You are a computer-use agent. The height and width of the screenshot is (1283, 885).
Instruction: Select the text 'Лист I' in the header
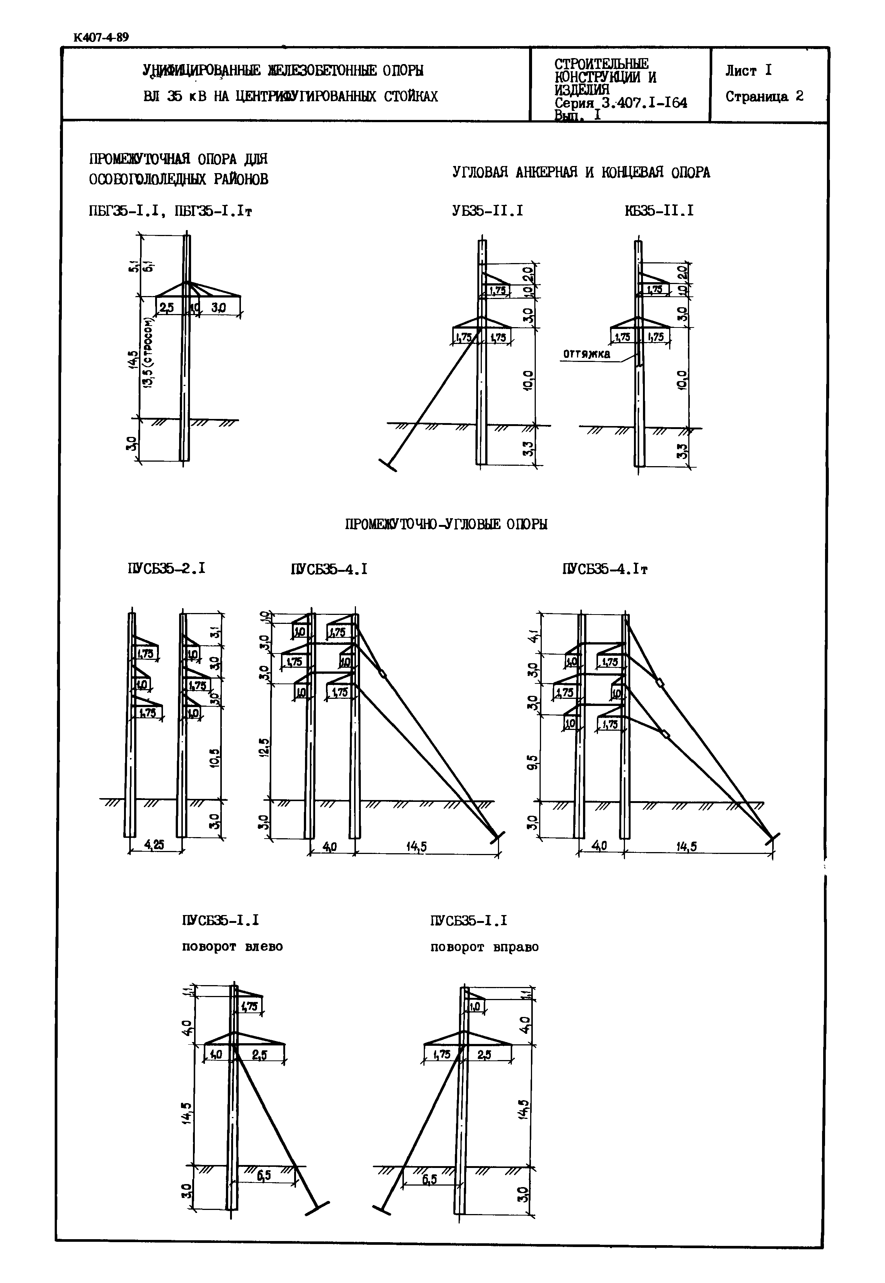[748, 70]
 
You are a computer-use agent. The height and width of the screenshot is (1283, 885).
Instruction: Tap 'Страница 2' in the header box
[764, 96]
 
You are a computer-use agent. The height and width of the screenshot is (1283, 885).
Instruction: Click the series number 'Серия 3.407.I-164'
[620, 103]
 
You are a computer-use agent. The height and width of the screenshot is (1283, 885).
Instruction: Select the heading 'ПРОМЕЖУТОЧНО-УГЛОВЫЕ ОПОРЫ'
[446, 524]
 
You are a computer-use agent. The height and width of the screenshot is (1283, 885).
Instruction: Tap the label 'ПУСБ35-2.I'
[166, 568]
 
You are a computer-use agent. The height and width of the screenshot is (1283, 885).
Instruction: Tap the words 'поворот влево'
[232, 947]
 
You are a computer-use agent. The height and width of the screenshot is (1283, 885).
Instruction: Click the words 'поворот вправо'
[484, 947]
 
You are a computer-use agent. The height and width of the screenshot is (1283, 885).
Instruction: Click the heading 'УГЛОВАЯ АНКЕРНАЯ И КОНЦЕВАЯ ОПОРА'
[581, 172]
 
